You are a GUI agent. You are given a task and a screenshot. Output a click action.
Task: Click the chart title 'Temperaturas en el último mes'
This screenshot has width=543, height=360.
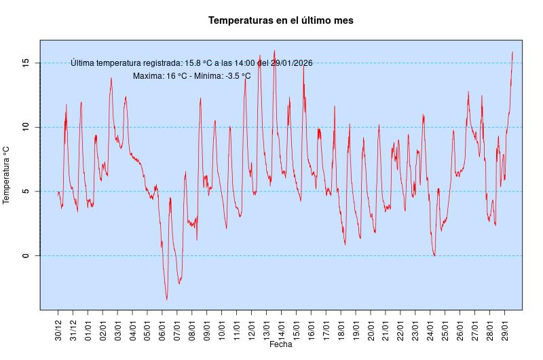point(280,21)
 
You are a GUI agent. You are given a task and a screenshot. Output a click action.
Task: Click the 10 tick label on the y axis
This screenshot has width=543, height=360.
point(25,127)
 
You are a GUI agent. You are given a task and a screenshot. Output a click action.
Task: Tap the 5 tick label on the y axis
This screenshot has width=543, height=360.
point(25,192)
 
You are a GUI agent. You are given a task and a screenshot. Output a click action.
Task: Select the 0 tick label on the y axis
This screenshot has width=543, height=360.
point(25,255)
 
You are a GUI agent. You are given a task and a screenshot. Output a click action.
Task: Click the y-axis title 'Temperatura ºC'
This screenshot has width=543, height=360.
point(7,175)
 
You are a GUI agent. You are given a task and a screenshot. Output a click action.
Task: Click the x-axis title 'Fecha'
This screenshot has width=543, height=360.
point(280,344)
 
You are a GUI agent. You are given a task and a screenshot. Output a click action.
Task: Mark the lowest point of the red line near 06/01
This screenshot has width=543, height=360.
point(167,300)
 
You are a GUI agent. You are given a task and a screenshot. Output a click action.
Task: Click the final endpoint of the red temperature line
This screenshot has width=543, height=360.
point(512,52)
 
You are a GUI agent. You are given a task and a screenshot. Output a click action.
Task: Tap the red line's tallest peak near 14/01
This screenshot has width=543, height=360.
point(274,50)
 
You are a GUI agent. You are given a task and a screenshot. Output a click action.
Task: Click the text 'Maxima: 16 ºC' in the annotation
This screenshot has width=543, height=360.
point(160,76)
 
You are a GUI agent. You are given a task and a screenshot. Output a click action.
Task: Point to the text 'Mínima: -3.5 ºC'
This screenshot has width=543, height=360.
point(222,76)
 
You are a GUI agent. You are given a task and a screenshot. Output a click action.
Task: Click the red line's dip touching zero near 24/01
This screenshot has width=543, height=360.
point(434,255)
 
